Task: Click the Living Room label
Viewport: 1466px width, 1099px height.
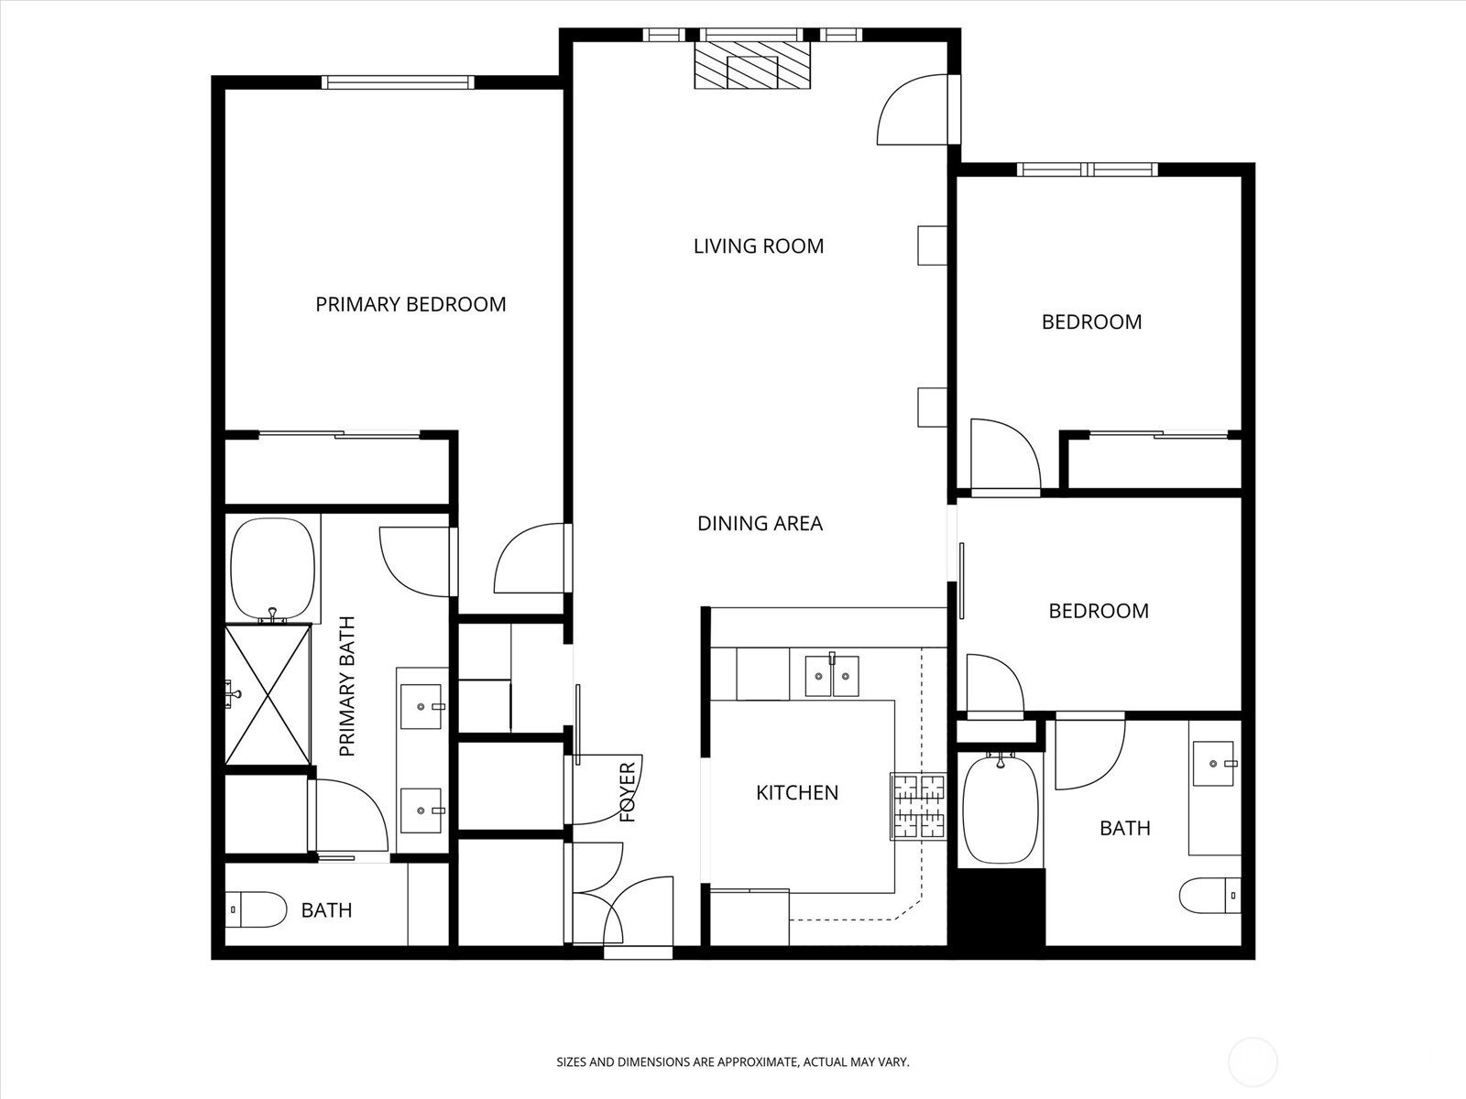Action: coord(758,245)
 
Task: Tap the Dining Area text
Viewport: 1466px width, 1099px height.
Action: coord(760,523)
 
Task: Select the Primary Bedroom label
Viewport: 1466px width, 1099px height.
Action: coord(410,304)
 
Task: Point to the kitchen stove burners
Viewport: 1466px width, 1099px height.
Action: coord(918,806)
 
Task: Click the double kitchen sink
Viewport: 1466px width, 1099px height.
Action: coord(832,676)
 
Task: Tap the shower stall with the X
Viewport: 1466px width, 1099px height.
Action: coord(268,693)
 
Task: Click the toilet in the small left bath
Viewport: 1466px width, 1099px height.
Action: coord(256,909)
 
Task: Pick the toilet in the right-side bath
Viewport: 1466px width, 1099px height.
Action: coord(1210,895)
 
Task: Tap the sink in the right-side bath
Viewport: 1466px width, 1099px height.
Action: coord(1215,762)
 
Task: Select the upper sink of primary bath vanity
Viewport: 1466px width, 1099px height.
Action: coord(421,706)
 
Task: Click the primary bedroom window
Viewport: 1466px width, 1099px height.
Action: coord(398,82)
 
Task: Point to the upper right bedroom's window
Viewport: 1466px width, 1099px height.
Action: coord(1087,169)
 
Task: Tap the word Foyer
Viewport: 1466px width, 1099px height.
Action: coord(629,792)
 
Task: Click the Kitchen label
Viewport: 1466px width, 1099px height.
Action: coord(796,792)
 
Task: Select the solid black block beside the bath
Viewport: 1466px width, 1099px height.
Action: coord(1000,907)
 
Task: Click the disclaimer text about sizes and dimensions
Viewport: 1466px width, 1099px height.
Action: coord(732,1062)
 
